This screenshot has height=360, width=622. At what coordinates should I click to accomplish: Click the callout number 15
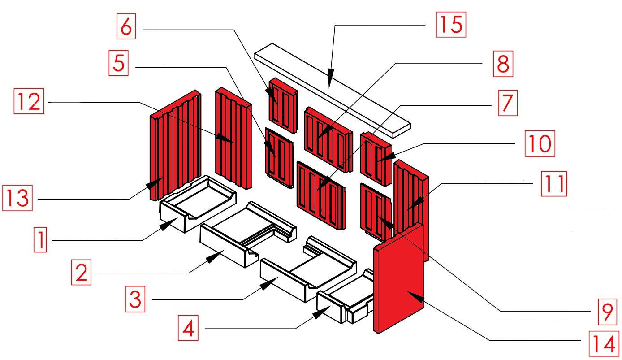point(451,24)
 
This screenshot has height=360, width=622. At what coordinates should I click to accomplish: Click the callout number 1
point(40,239)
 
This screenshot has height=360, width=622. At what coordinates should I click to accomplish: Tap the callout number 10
point(540,143)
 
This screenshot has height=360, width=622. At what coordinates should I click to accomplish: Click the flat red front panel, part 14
point(399,278)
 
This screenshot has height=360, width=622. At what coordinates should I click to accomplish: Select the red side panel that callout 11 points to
point(410,202)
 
